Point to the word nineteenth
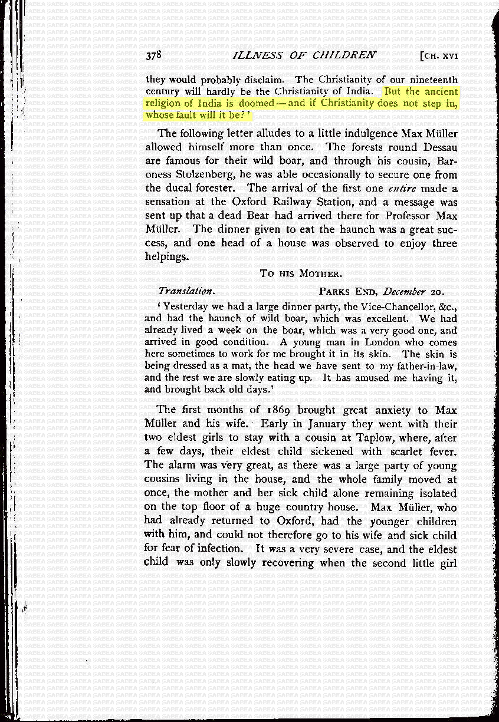(432, 80)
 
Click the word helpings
(166, 257)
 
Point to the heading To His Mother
(300, 273)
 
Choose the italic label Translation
(185, 291)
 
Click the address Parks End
(347, 291)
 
